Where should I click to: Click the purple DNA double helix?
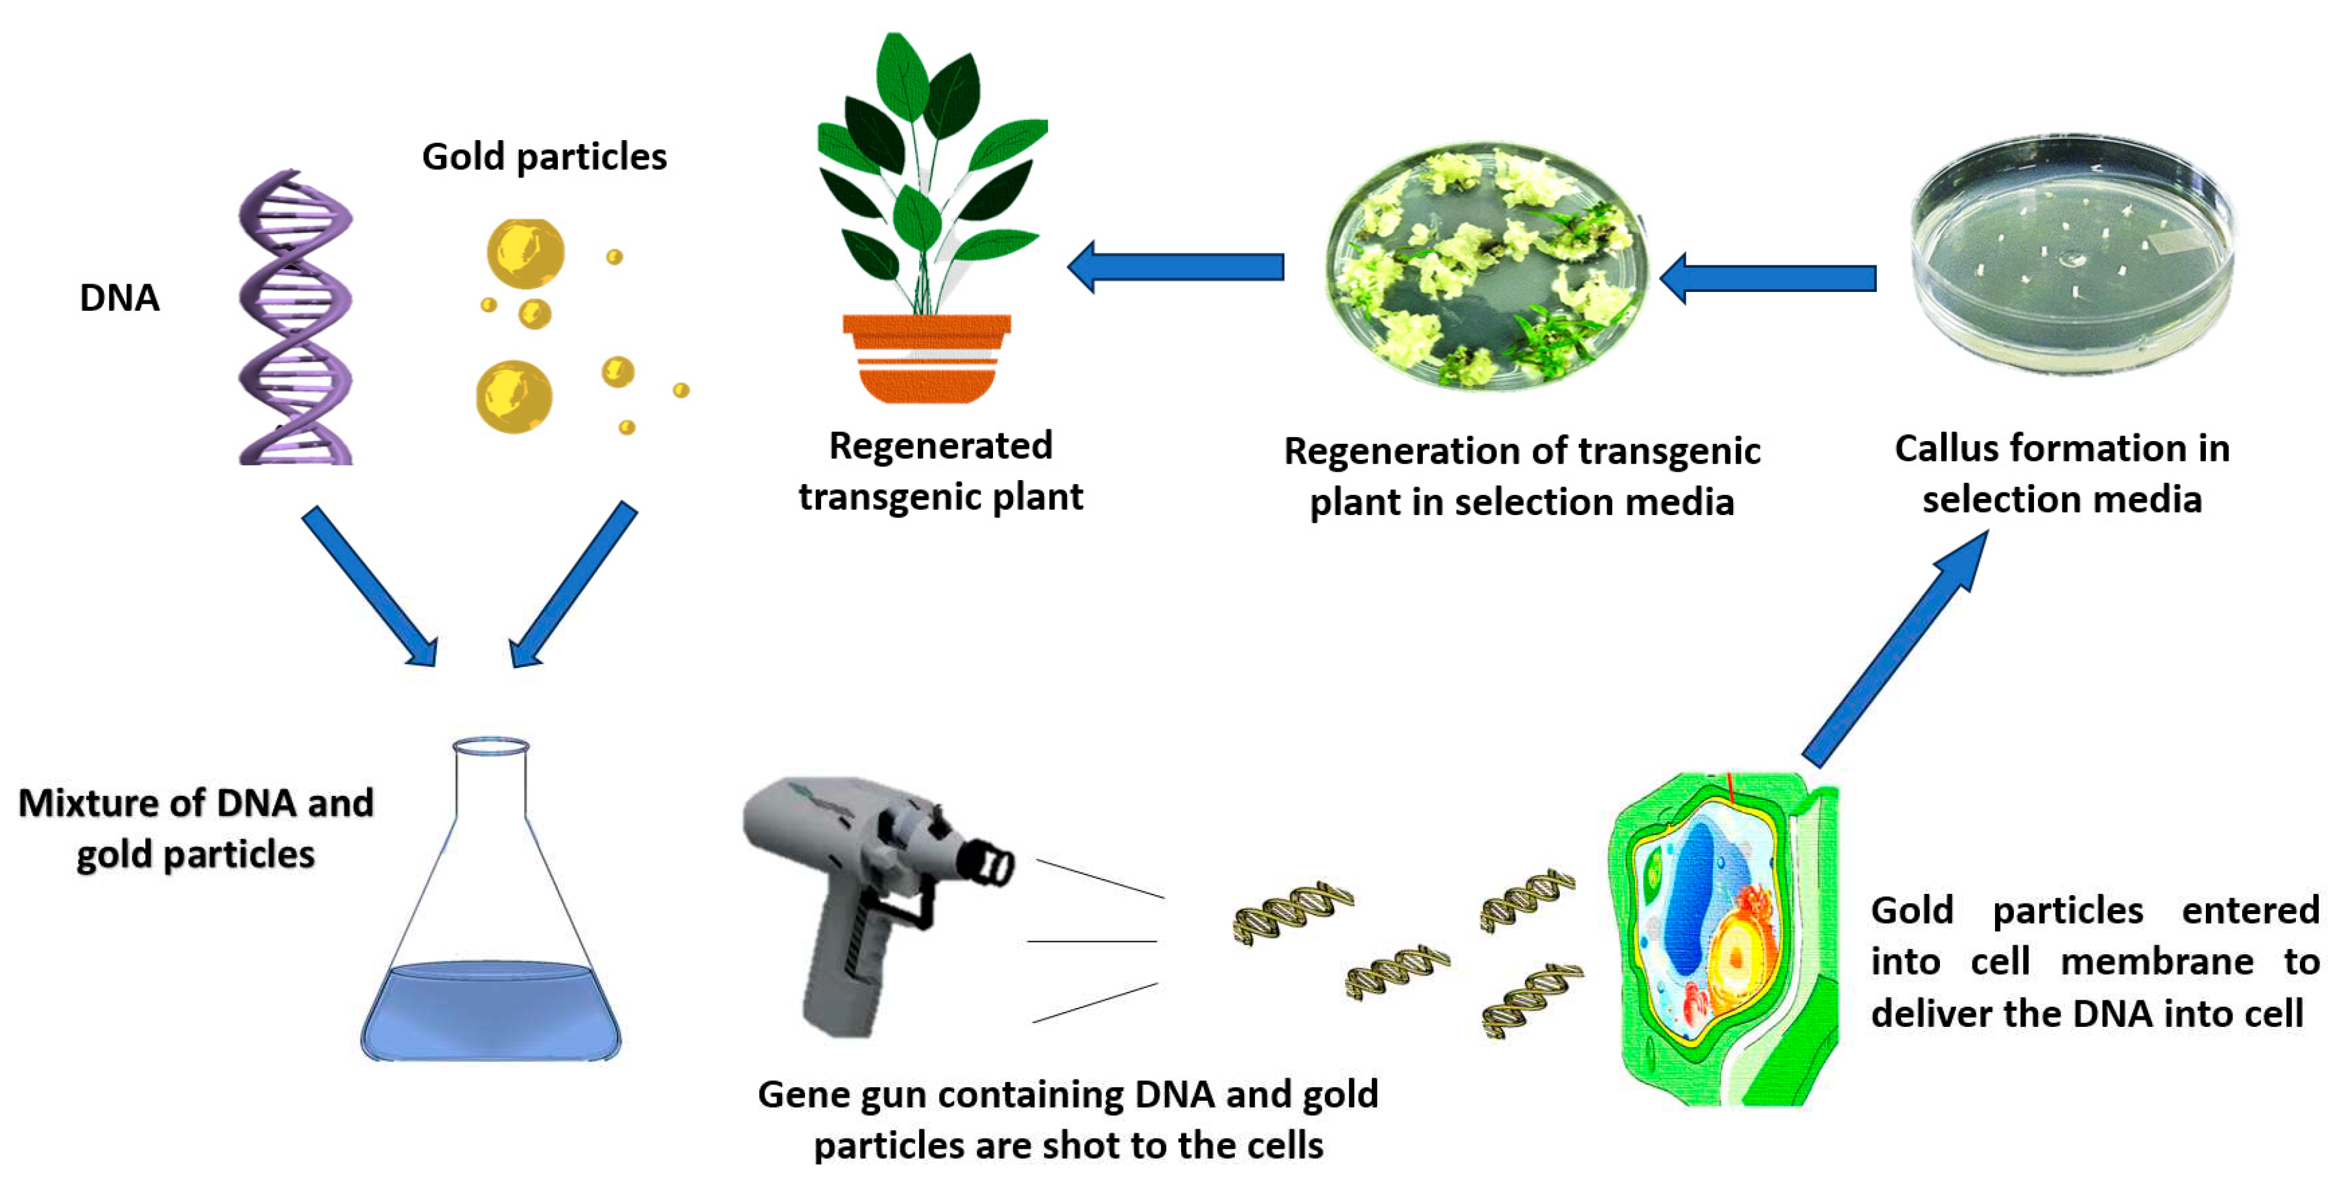pyautogui.click(x=294, y=317)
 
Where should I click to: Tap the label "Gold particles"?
pyautogui.click(x=544, y=158)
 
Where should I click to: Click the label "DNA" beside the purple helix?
pyautogui.click(x=119, y=298)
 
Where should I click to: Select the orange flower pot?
pyautogui.click(x=926, y=357)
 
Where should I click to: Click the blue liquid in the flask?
pyautogui.click(x=491, y=1010)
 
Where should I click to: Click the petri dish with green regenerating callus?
pyautogui.click(x=1485, y=267)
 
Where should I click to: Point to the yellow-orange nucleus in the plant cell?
pyautogui.click(x=1735, y=956)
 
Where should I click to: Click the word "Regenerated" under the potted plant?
pyautogui.click(x=940, y=446)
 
